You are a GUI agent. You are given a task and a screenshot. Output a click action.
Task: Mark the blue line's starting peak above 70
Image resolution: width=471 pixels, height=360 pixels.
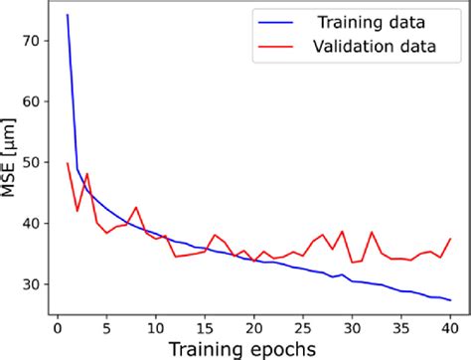pyautogui.click(x=68, y=15)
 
